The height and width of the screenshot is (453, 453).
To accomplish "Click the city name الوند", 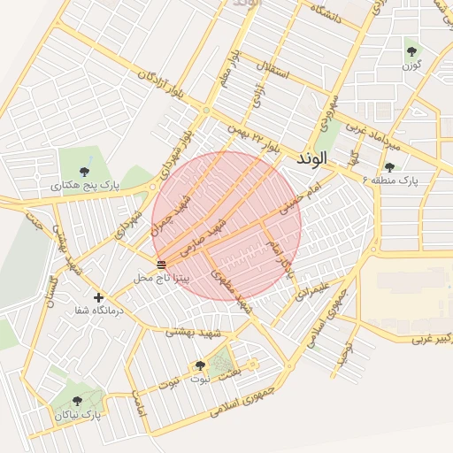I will coord(313,158).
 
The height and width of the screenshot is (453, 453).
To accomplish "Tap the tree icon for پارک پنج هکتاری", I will coord(84,172).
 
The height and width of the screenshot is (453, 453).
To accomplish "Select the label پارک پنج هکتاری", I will coord(84,186).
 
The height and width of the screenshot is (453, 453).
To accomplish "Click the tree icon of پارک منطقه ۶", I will coord(389,166).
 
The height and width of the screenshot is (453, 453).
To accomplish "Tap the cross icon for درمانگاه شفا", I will coord(98,297).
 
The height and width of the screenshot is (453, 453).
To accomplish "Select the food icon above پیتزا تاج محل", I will coord(160,265).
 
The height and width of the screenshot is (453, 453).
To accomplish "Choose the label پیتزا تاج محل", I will coord(161,278).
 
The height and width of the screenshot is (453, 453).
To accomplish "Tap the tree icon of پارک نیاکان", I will coord(77,401).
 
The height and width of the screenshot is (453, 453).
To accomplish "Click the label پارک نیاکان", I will coord(78,414).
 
